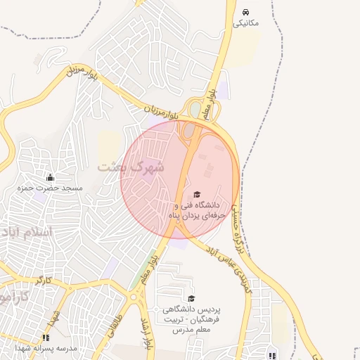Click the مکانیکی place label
click(246, 23)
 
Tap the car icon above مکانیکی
click(245, 12)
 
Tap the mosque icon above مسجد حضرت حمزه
click(49, 176)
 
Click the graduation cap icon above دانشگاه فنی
click(196, 194)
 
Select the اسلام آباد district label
click(25, 231)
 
